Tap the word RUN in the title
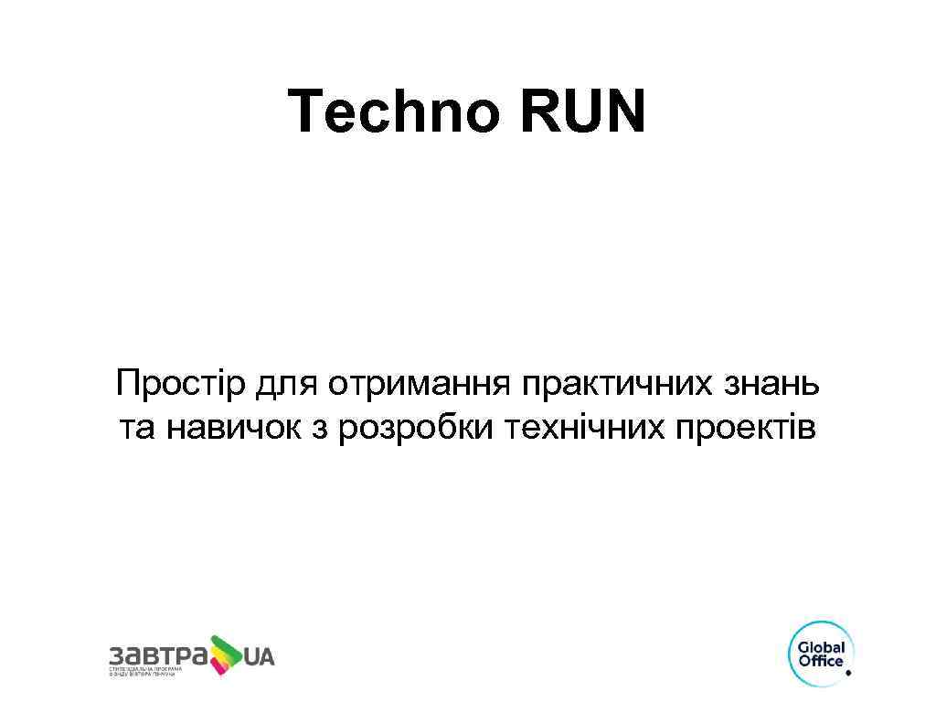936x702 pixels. pos(583,112)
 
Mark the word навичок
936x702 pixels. pos(233,427)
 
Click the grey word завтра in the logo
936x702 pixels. pos(156,655)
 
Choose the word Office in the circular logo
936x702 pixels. pos(821,661)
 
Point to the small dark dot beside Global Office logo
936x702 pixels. pos(848,673)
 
